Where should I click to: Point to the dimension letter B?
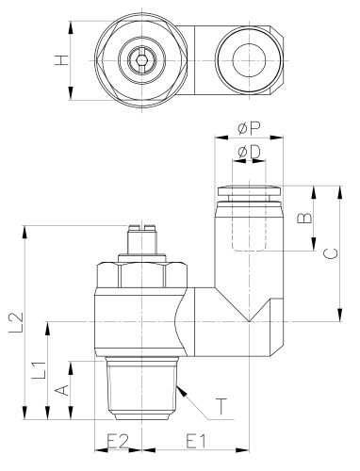[303, 218]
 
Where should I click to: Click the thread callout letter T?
[221, 408]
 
